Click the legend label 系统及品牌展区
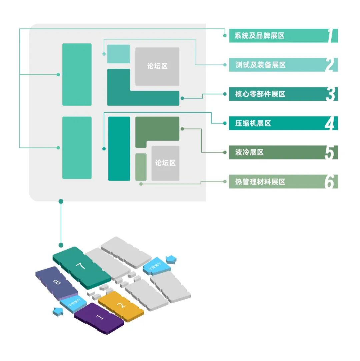[x=259, y=36]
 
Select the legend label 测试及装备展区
[x=260, y=65]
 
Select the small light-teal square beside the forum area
[x=118, y=54]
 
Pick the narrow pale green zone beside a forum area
[x=141, y=167]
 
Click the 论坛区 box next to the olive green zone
[x=165, y=163]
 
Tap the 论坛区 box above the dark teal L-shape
[x=157, y=66]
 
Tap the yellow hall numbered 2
[x=121, y=305]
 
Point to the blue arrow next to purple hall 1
[x=58, y=312]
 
